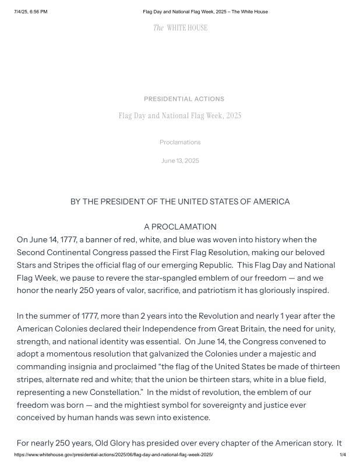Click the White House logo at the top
coord(180,28)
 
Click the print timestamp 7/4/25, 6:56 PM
coord(30,12)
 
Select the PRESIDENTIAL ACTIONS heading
coord(184,99)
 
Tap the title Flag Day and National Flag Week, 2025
coord(180,116)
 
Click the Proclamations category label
coord(180,142)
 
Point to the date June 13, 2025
coord(180,161)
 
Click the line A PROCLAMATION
coord(180,227)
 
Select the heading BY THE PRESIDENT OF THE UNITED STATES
coord(180,202)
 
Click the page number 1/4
coord(343,454)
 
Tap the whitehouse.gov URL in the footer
coord(114,454)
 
